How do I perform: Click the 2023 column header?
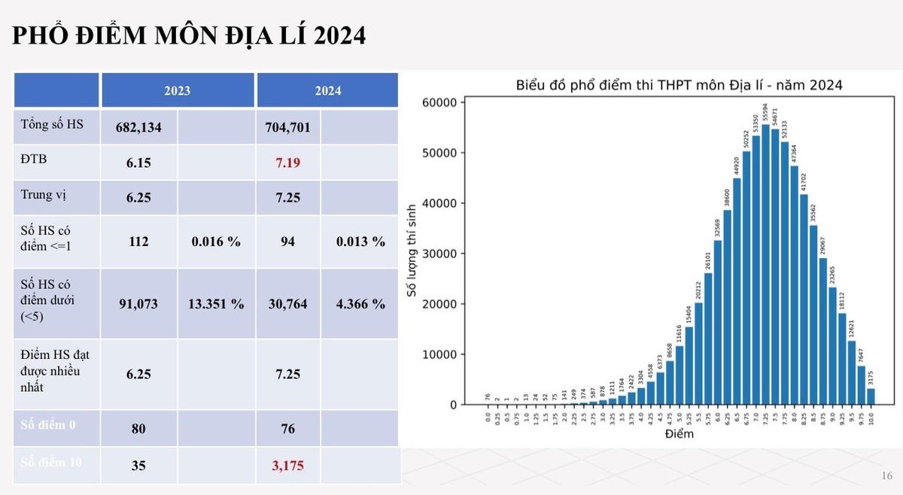pos(178,90)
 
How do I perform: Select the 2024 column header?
pos(327,90)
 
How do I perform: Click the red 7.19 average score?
pos(290,162)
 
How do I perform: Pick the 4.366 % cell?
pos(360,304)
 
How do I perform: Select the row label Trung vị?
pos(44,195)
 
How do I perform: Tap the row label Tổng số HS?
pos(52,125)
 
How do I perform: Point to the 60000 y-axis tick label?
pos(441,102)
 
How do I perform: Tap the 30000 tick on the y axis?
pos(441,254)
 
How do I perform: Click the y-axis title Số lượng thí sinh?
pos(412,253)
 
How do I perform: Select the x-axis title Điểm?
pos(679,434)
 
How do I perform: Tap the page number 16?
pos(886,476)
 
